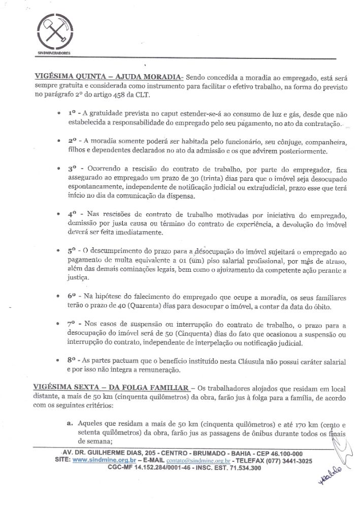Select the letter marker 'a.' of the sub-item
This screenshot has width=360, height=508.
[x=69, y=422]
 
